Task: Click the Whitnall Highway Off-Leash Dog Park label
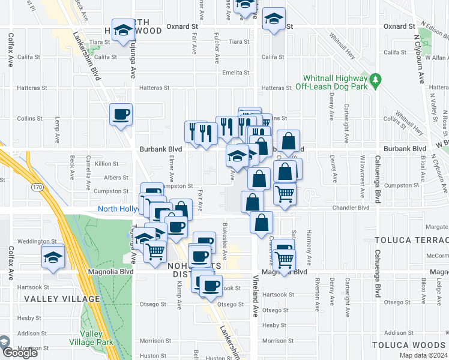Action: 335,83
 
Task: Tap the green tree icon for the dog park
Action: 375,79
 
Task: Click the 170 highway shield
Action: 37,188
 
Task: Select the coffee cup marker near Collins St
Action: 121,114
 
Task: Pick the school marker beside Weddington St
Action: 53,257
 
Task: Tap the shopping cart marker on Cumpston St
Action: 285,193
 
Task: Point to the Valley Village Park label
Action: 97,338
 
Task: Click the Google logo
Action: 20,353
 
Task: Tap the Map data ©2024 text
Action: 423,355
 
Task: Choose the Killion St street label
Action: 107,163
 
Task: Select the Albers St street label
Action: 117,178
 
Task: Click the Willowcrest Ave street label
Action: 363,178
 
